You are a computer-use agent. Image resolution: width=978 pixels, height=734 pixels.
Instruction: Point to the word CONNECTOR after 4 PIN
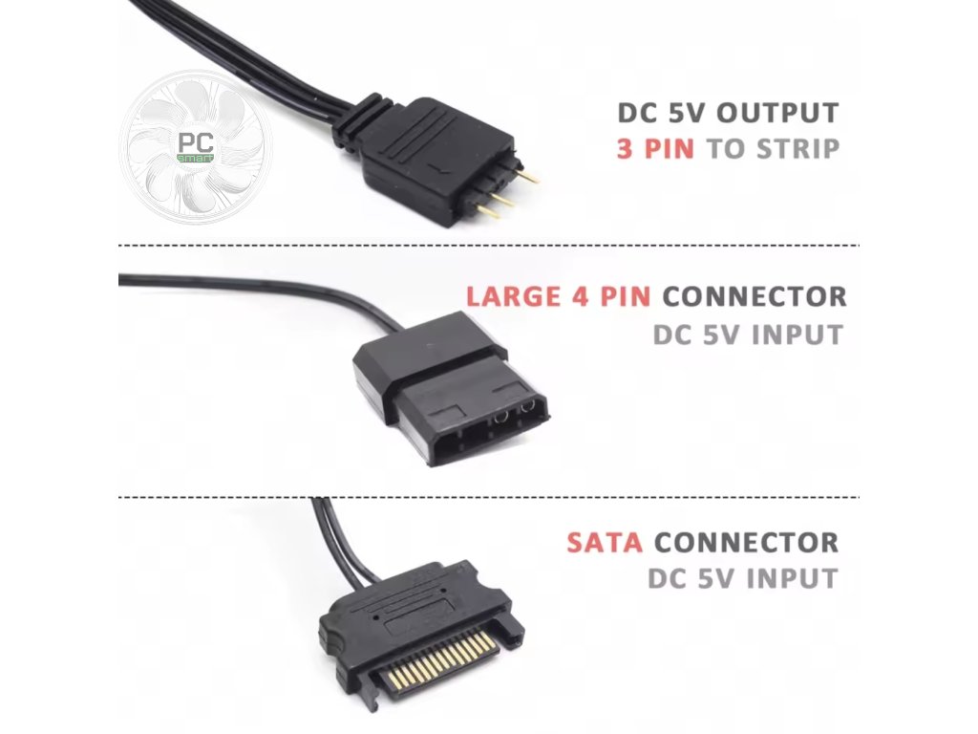[x=755, y=295]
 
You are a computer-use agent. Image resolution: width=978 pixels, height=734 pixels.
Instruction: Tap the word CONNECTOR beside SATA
[x=746, y=542]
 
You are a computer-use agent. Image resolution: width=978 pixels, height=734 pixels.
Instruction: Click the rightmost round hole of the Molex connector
[x=526, y=417]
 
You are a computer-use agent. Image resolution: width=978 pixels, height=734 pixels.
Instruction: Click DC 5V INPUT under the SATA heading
[x=742, y=578]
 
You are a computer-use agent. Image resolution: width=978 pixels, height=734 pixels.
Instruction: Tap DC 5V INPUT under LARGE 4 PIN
[x=748, y=335]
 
